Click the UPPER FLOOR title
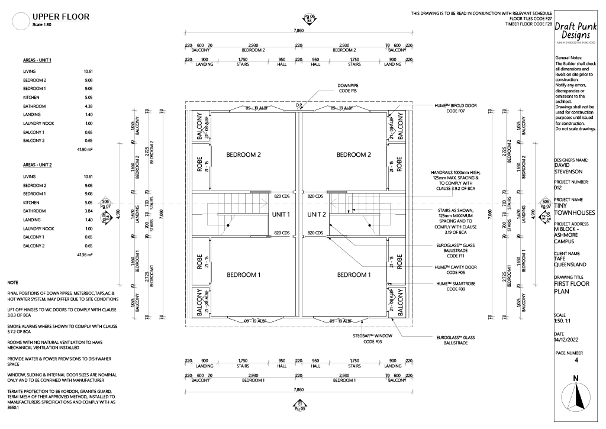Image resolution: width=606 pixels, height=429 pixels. point(61,17)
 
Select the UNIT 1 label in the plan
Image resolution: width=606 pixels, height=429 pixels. point(281,214)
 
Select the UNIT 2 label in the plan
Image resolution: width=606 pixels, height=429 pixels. point(317,214)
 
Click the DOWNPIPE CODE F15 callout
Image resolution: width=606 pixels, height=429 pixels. point(347,89)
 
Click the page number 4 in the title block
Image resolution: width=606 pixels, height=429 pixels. point(576,359)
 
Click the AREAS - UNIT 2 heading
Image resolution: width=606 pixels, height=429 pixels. point(37,164)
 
